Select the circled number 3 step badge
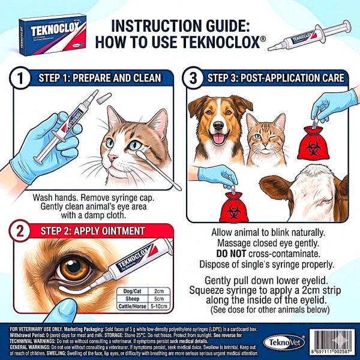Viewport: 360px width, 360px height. (x=193, y=79)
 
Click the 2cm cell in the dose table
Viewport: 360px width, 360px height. (x=159, y=290)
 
